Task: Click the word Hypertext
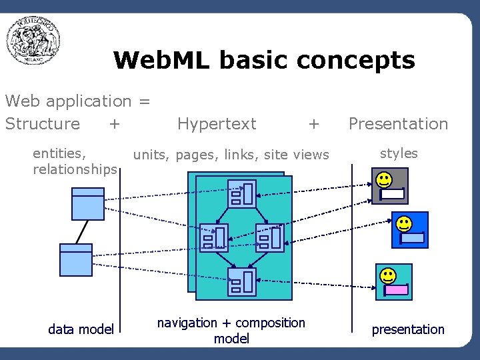tap(217, 124)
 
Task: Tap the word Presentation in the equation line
tap(398, 124)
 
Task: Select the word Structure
tap(43, 124)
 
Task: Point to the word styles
tap(399, 153)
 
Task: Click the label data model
tap(81, 329)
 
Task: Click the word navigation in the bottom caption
tap(187, 323)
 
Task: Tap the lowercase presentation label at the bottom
tap(407, 329)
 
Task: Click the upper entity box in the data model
tap(88, 203)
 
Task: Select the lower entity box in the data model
tap(76, 259)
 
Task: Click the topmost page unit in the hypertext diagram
tap(241, 193)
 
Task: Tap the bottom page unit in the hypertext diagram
tap(241, 281)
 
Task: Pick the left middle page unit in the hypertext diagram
tap(214, 237)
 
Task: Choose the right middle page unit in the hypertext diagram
tap(270, 237)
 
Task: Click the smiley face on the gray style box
tap(383, 179)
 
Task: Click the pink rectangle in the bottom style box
tap(397, 290)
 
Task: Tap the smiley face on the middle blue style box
tap(404, 223)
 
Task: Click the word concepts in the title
tap(356, 61)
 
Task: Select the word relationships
tap(75, 169)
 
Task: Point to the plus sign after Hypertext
tap(314, 124)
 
